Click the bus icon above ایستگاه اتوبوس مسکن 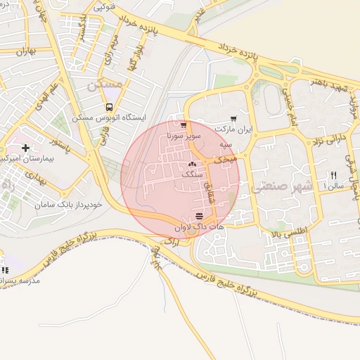[108, 107]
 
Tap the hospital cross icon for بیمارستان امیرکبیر [26, 148]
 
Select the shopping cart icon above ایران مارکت [233, 120]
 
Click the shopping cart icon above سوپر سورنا [184, 124]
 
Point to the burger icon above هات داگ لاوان [200, 215]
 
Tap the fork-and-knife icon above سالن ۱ [334, 175]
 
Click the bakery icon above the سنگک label [193, 163]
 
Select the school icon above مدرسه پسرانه [5, 270]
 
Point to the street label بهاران [23, 51]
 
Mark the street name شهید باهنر [326, 84]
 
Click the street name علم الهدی [65, 97]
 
